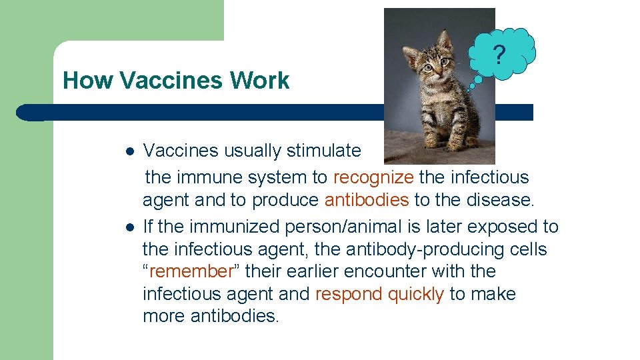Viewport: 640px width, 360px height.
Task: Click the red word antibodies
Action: point(367,201)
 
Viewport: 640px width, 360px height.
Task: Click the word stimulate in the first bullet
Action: point(323,151)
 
